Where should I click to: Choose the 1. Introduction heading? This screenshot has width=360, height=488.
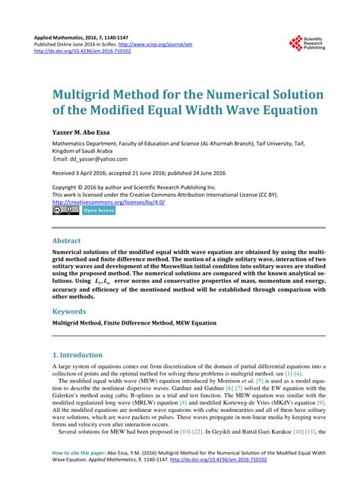click(x=81, y=355)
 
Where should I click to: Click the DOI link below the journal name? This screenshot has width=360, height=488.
click(x=81, y=52)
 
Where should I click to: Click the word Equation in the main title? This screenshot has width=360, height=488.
click(x=284, y=111)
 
